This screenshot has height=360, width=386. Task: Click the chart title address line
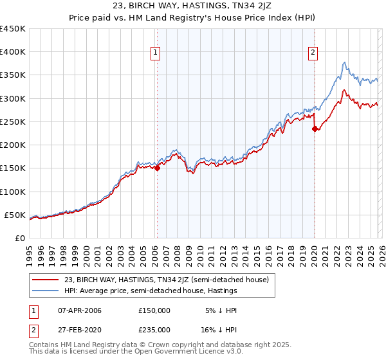pyautogui.click(x=192, y=7)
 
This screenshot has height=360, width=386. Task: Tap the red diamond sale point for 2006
pyautogui.click(x=157, y=168)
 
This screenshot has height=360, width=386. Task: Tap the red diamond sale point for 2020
pyautogui.click(x=315, y=129)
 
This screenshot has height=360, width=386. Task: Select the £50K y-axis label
pyautogui.click(x=15, y=215)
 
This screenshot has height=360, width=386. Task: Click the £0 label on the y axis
pyautogui.click(x=21, y=238)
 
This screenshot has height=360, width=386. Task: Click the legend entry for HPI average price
pyautogui.click(x=151, y=291)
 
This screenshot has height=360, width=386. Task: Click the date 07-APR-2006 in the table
pyautogui.click(x=78, y=310)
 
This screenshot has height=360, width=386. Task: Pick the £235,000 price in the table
pyautogui.click(x=154, y=329)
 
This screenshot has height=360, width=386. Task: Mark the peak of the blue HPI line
pyautogui.click(x=345, y=62)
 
